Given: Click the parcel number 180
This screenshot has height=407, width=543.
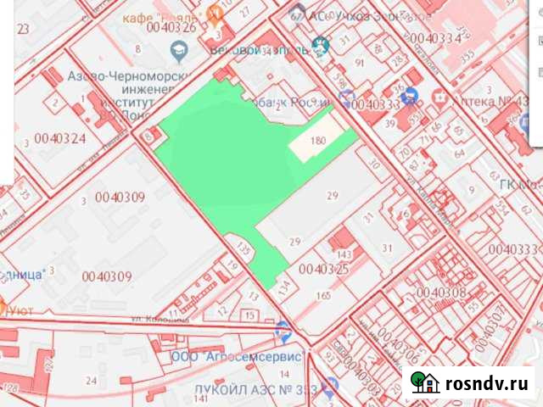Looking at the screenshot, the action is tap(319, 141).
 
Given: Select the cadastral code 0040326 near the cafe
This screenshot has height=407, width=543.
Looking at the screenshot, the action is tap(171, 27).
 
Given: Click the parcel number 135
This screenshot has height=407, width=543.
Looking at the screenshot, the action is tap(244, 250).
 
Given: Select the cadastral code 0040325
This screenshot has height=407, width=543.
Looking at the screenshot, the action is tap(324, 269).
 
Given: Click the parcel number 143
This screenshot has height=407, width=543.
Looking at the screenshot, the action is tap(344, 254).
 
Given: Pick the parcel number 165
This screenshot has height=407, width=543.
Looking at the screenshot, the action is tap(322, 295).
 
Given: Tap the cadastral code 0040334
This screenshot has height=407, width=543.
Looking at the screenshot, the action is tap(435, 38).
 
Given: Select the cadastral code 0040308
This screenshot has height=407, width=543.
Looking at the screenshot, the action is tap(441, 292).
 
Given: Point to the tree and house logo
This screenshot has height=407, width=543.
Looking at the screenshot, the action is tap(424, 382).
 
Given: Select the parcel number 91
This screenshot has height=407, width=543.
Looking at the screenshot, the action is tap(360, 63).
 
